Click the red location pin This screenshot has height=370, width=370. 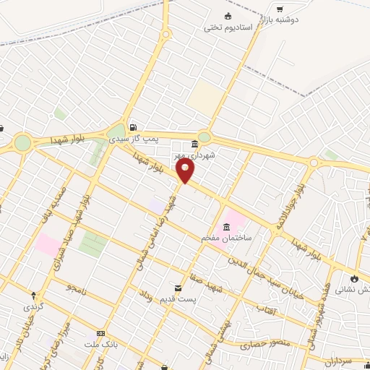click(x=186, y=171)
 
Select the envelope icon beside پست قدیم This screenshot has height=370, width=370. click(x=178, y=288)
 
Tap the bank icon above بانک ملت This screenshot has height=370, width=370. click(x=100, y=334)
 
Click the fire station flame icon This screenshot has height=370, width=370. click(x=353, y=278)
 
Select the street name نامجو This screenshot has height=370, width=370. click(x=74, y=288)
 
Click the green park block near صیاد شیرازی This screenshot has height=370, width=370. click(x=92, y=244)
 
